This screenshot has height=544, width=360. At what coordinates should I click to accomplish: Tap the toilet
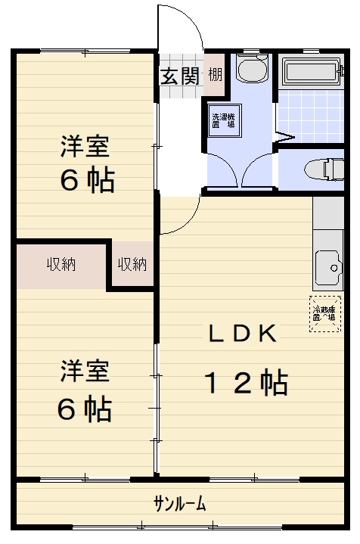321,170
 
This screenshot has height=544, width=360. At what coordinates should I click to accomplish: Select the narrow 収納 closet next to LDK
132,264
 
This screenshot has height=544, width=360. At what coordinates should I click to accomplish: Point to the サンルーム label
180,504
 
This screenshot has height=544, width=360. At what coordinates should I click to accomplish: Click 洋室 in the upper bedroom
85,145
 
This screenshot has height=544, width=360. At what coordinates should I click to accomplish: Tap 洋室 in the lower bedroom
85,372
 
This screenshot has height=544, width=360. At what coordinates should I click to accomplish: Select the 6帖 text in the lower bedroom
85,409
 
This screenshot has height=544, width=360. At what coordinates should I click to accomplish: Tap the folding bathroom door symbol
284,138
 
